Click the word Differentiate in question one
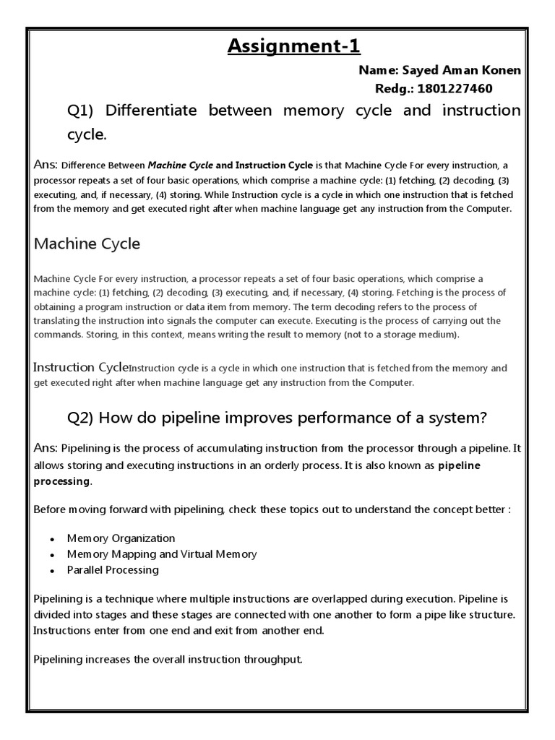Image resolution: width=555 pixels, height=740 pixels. coord(152,111)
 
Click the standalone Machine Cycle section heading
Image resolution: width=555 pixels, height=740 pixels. coord(87,244)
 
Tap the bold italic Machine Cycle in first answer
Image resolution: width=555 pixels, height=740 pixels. coord(180,163)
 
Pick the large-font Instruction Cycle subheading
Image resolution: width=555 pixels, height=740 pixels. coord(81,367)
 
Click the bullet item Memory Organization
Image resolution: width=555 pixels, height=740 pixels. coord(121,538)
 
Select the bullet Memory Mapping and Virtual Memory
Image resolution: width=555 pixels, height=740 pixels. coord(161,554)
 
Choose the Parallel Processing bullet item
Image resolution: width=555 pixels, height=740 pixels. coord(112,570)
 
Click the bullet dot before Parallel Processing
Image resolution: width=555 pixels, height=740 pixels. coord(53,571)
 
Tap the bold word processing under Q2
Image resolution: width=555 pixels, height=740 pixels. coord(62,481)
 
